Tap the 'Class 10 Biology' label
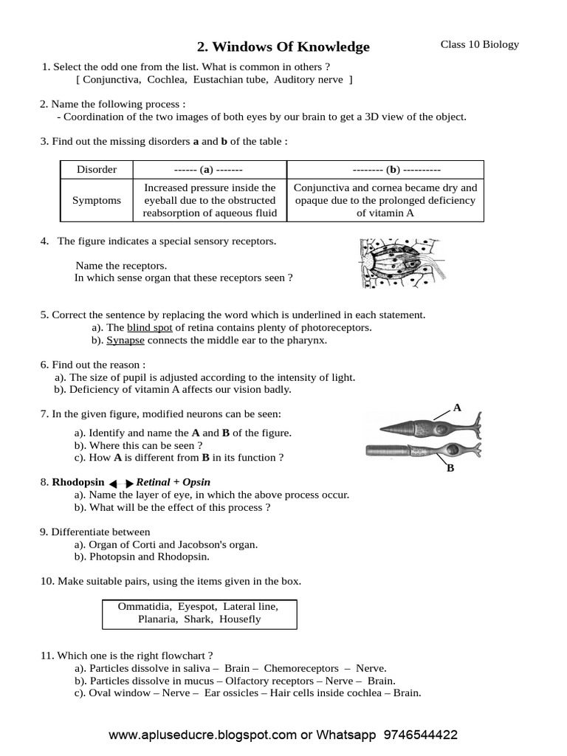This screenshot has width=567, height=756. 480,44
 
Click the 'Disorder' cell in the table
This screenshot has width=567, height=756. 97,169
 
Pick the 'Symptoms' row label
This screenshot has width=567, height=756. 97,200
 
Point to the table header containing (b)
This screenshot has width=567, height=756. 385,169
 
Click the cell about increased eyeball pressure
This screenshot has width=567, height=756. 210,200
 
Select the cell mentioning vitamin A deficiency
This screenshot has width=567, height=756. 385,200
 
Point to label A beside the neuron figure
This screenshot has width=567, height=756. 457,407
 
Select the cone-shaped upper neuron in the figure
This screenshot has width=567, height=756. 428,427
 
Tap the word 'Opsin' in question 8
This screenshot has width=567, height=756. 186,482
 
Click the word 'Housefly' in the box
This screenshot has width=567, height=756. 240,619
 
